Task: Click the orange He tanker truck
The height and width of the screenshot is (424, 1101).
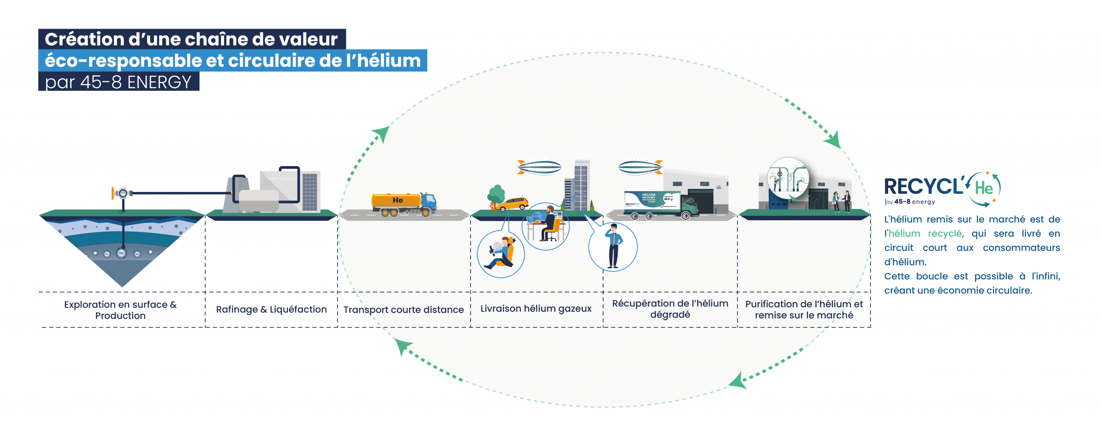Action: pyautogui.click(x=403, y=204)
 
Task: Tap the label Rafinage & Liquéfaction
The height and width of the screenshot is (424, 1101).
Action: pyautogui.click(x=271, y=309)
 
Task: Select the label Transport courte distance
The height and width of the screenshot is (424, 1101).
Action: pyautogui.click(x=403, y=309)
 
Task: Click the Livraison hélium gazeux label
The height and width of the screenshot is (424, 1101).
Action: pyautogui.click(x=536, y=309)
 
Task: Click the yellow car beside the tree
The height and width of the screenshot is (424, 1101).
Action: pyautogui.click(x=512, y=204)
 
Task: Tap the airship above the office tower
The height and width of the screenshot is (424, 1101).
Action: pyautogui.click(x=539, y=167)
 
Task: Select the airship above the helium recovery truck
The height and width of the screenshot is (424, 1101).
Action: pyautogui.click(x=640, y=167)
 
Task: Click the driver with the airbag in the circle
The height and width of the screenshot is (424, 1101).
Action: pyautogui.click(x=500, y=254)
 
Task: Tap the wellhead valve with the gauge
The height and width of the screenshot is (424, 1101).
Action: pyautogui.click(x=122, y=193)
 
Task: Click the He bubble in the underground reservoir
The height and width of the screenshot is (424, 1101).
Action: pyautogui.click(x=121, y=253)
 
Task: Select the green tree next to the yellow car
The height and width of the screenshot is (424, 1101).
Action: pyautogui.click(x=496, y=195)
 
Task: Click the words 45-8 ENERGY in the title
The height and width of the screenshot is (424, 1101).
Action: pyautogui.click(x=135, y=82)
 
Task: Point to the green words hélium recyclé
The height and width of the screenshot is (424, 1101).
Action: pyautogui.click(x=925, y=234)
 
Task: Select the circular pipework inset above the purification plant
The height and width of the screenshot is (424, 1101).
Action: pyautogui.click(x=788, y=178)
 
